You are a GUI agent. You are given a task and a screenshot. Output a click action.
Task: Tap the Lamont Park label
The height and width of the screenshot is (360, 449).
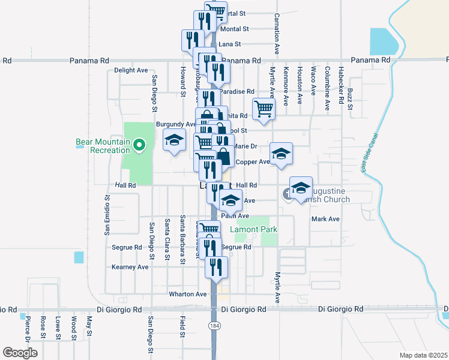254,230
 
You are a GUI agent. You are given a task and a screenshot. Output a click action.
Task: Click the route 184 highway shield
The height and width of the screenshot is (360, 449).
214,325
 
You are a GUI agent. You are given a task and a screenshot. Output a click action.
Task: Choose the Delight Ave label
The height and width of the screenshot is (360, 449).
131,70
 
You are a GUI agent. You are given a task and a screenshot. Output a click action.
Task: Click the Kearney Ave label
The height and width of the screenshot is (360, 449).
130,267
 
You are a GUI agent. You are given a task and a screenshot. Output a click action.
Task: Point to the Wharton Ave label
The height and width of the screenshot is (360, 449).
188,294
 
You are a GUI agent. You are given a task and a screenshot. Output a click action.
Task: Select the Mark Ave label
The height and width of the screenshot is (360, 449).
325,219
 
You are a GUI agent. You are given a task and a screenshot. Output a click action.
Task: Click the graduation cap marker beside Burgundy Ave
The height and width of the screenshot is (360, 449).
175,141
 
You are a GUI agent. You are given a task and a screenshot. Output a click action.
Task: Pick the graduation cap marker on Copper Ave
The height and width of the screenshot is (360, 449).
281,154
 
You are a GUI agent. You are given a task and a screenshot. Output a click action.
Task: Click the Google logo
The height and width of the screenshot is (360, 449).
20,353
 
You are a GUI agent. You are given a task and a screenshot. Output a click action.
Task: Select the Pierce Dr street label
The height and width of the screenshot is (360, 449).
28,330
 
